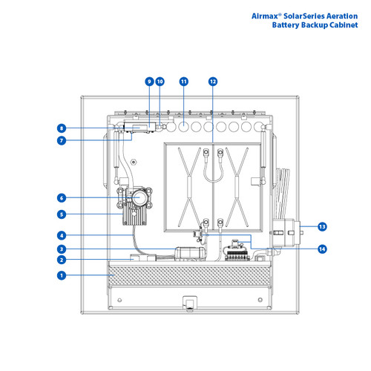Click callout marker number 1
click(x=62, y=275)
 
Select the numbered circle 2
click(x=62, y=260)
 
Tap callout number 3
click(x=62, y=249)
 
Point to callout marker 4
click(x=62, y=236)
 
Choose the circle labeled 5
click(x=62, y=215)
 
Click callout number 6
click(x=62, y=197)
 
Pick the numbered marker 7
click(x=62, y=139)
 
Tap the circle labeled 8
click(x=62, y=128)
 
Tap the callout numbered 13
click(x=321, y=226)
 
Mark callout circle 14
click(x=321, y=249)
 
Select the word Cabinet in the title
click(x=341, y=24)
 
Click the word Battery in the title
click(x=288, y=24)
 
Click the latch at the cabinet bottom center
click(x=188, y=302)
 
